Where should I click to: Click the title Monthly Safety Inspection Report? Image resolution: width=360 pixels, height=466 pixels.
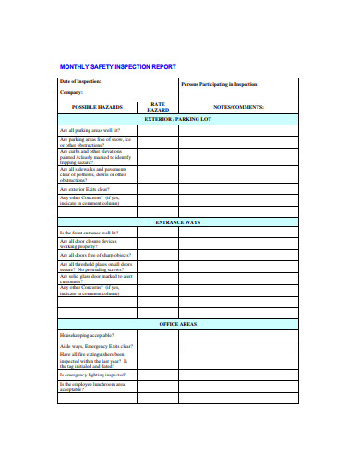[x=117, y=67]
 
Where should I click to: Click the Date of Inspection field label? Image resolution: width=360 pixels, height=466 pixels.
[x=81, y=83]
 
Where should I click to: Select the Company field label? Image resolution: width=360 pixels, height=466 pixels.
[x=72, y=93]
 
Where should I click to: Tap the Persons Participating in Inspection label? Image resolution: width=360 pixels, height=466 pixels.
[x=220, y=85]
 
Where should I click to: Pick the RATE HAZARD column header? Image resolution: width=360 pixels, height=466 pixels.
[x=158, y=107]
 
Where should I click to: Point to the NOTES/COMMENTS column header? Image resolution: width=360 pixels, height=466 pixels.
[x=239, y=107]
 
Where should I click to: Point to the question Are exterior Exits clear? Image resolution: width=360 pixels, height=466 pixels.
[x=84, y=189]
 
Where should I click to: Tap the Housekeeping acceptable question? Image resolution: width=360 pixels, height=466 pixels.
[x=86, y=335]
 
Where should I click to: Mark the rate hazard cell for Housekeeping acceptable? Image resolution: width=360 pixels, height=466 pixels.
[x=158, y=335]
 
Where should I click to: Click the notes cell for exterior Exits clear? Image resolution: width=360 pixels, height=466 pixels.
[x=239, y=189]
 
